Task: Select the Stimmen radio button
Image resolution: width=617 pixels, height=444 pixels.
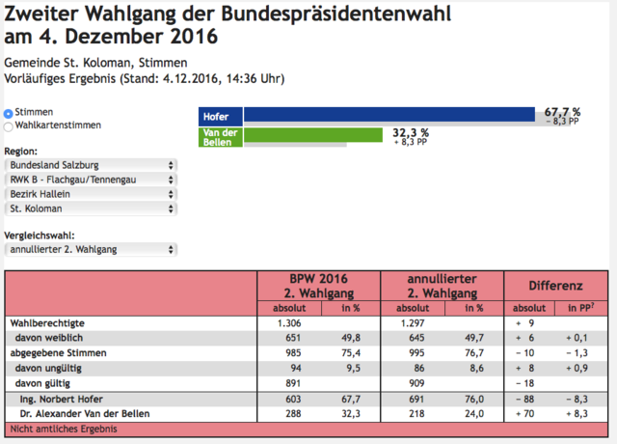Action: coord(9,114)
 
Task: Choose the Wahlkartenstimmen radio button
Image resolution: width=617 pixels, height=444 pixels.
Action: coord(9,126)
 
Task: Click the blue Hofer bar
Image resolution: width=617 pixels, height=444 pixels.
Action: coord(389,114)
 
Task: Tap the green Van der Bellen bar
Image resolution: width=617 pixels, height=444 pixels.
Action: coord(313,135)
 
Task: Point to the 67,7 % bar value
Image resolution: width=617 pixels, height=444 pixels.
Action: coord(562,112)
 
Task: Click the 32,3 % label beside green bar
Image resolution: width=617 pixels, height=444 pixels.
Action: coord(411,133)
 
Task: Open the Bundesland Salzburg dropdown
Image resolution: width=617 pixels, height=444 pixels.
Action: coord(91,165)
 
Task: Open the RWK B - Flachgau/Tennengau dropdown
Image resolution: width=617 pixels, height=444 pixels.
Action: coord(91,180)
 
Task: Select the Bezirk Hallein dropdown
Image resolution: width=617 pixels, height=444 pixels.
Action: coord(91,194)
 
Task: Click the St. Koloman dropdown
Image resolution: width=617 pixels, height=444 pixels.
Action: coord(91,208)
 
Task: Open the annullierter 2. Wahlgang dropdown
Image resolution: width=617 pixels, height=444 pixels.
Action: coord(91,250)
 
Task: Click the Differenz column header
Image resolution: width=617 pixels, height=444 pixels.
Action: coord(555,286)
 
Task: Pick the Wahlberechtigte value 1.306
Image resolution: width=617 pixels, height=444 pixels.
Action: coord(289,323)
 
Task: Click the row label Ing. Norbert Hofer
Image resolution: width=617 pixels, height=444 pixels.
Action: coord(62,399)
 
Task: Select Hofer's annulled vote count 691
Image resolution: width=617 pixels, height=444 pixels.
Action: coord(416,399)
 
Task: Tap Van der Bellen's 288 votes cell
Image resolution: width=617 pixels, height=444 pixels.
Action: coord(293,414)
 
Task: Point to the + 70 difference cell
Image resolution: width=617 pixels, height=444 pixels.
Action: coord(524,414)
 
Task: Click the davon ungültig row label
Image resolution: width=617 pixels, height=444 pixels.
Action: coord(48,369)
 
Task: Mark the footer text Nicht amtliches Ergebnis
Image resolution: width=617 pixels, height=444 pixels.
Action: coord(64,429)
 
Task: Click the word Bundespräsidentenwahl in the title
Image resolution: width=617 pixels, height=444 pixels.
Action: coord(335,14)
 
